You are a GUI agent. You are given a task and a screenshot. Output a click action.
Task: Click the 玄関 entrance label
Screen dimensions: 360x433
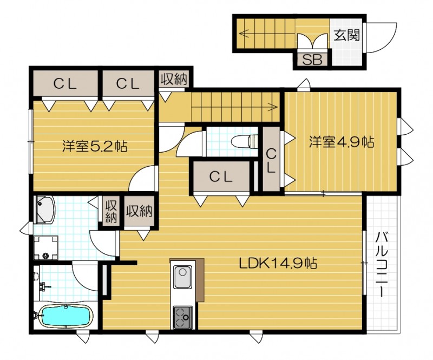[x=346, y=36]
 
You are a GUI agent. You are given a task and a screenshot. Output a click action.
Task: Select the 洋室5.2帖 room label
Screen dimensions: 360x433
[x=95, y=146]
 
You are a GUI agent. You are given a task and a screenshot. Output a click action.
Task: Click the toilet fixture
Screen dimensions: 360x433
[x=244, y=142]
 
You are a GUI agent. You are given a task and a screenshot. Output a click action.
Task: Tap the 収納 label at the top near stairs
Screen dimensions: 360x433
[x=174, y=79]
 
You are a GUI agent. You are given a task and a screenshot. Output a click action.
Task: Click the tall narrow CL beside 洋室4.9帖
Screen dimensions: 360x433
[x=272, y=160]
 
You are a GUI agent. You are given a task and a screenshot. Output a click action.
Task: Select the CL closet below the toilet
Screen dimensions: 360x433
[x=221, y=176]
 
